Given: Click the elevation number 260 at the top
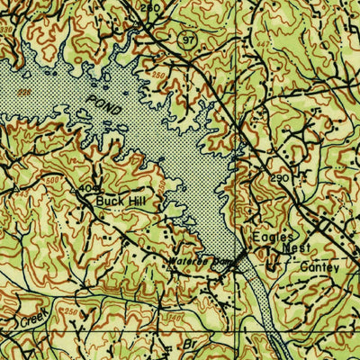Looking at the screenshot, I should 151,7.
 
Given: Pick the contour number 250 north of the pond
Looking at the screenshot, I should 160,74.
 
